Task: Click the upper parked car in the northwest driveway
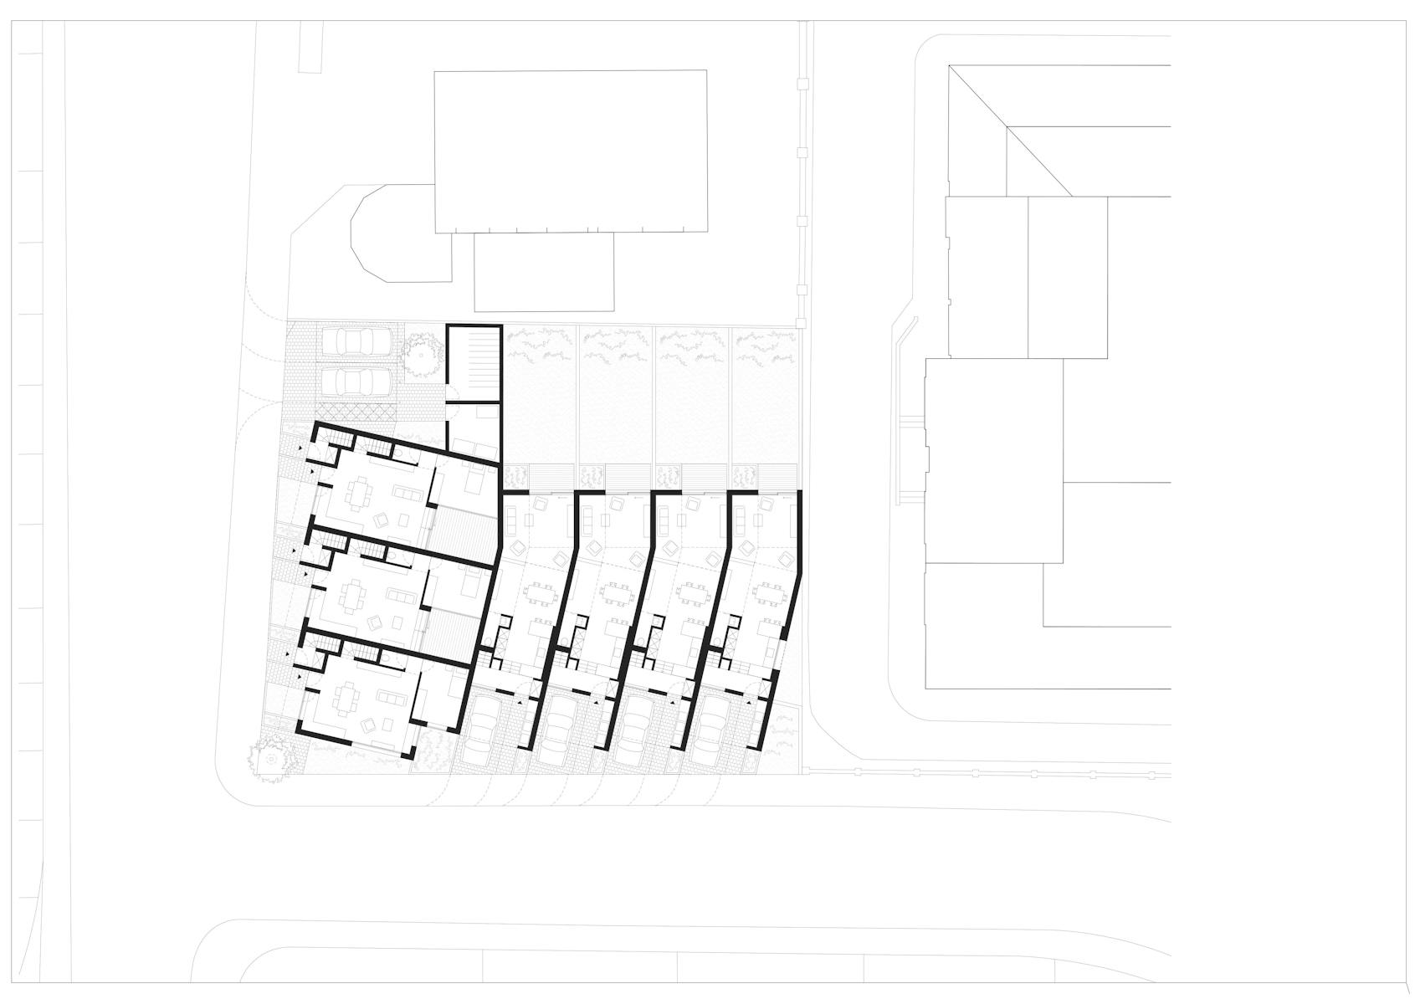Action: (x=358, y=341)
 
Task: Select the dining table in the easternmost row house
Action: (x=768, y=595)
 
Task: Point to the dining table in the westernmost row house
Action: (x=537, y=595)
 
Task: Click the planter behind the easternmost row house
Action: (x=743, y=476)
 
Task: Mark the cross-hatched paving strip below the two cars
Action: (x=358, y=412)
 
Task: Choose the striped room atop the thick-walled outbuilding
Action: (x=473, y=352)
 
